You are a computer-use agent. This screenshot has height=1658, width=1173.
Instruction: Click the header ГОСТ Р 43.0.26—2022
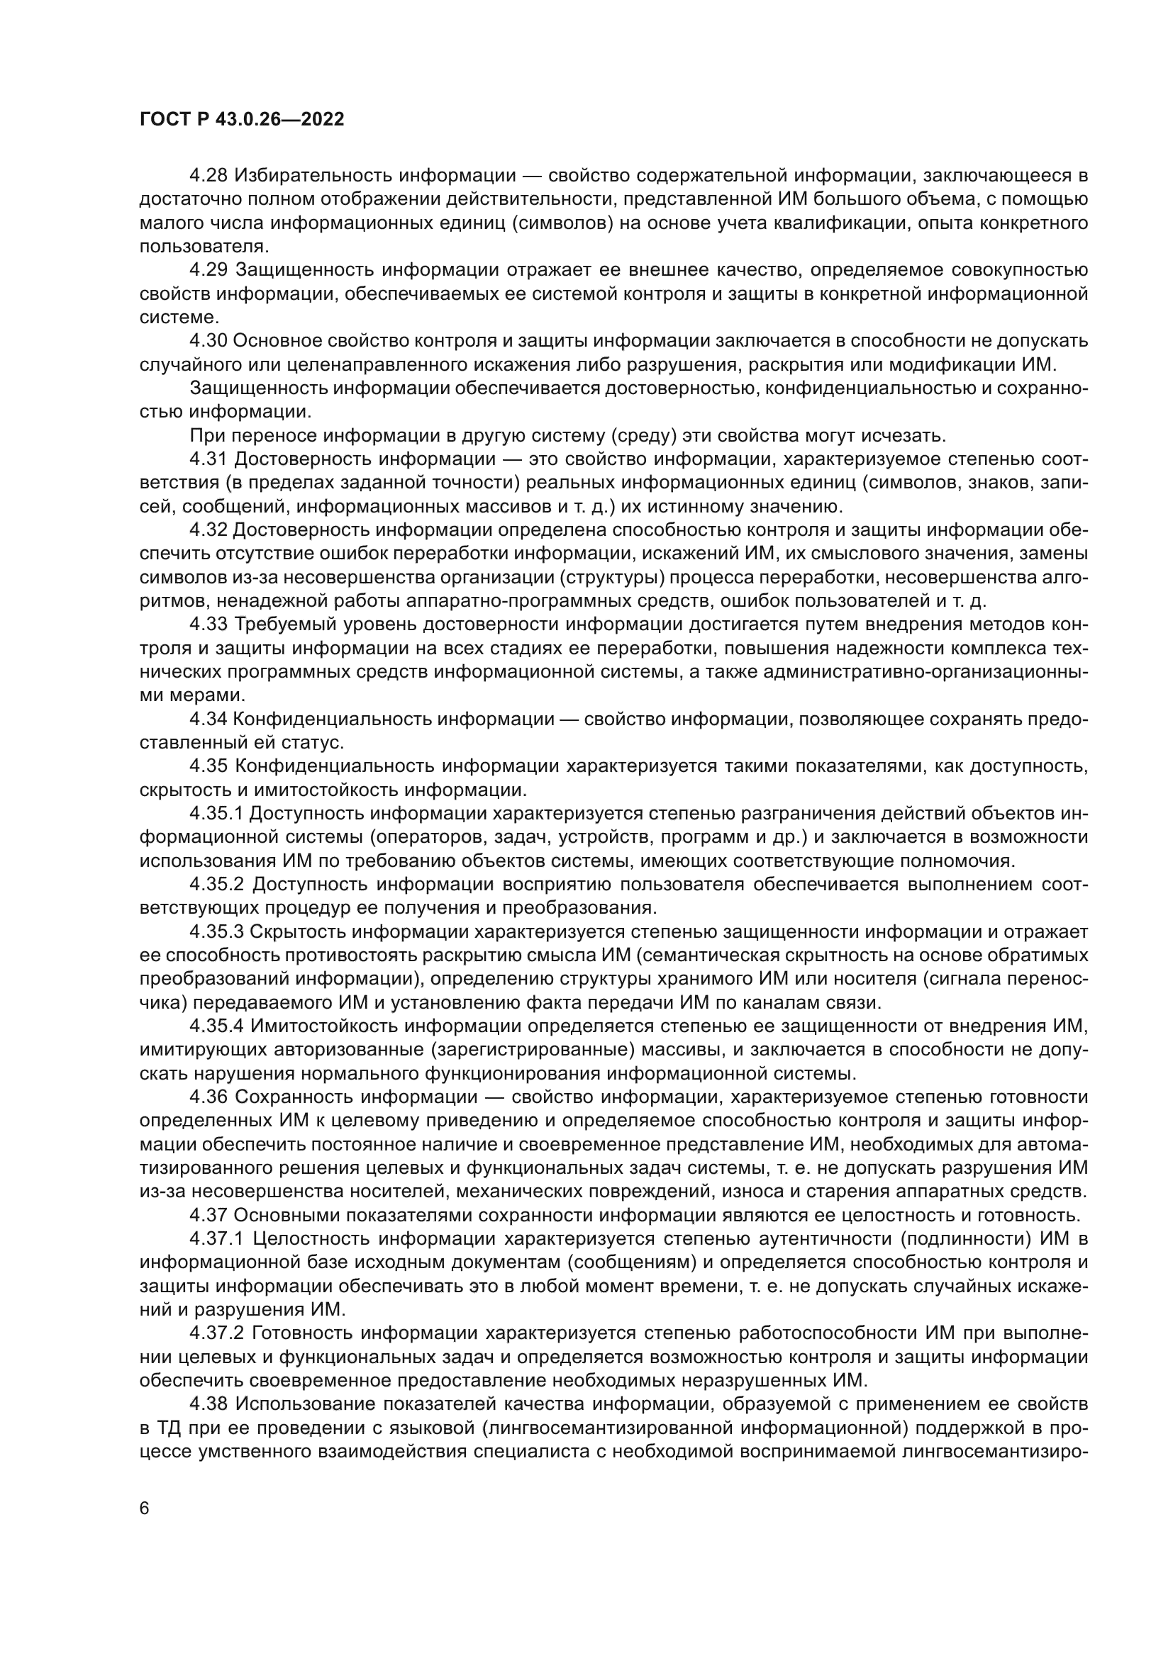(x=241, y=120)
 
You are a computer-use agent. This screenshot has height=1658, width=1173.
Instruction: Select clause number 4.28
(x=209, y=176)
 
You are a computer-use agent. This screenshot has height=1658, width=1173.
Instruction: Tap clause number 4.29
(x=209, y=270)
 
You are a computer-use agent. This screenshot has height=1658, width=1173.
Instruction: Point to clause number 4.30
(x=209, y=341)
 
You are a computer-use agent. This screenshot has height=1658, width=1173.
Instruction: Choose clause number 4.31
(x=209, y=459)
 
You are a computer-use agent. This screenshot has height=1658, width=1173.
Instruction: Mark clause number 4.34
(x=209, y=719)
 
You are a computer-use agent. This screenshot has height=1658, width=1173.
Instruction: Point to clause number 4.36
(x=209, y=1097)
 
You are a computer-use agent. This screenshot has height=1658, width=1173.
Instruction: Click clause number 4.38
(x=209, y=1404)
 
